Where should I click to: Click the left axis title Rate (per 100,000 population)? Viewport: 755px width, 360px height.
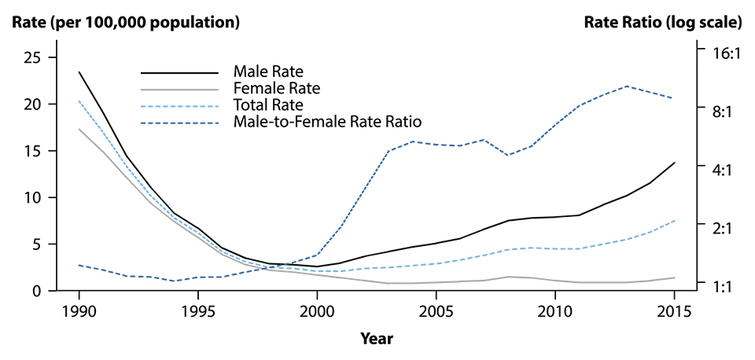point(125,22)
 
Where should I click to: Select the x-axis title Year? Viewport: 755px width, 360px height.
point(377,339)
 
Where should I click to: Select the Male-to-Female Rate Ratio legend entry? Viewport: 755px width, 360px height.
point(328,122)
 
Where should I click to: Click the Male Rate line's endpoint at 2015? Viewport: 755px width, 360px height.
point(675,163)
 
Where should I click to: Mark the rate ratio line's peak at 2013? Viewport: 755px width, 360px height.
point(627,86)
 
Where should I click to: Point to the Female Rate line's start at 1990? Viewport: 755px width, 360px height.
point(79,129)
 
